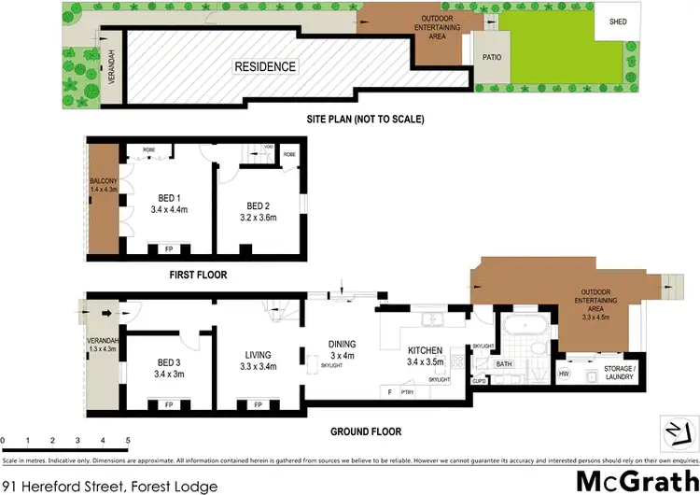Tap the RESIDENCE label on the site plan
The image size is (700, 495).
(x=265, y=66)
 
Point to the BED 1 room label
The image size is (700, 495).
(x=169, y=198)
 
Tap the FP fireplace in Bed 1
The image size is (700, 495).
(x=170, y=250)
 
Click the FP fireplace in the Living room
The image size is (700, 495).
(x=256, y=406)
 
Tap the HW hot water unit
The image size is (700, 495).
(x=564, y=374)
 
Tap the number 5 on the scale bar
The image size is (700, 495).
(x=128, y=438)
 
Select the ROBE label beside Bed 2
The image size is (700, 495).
(x=289, y=153)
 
